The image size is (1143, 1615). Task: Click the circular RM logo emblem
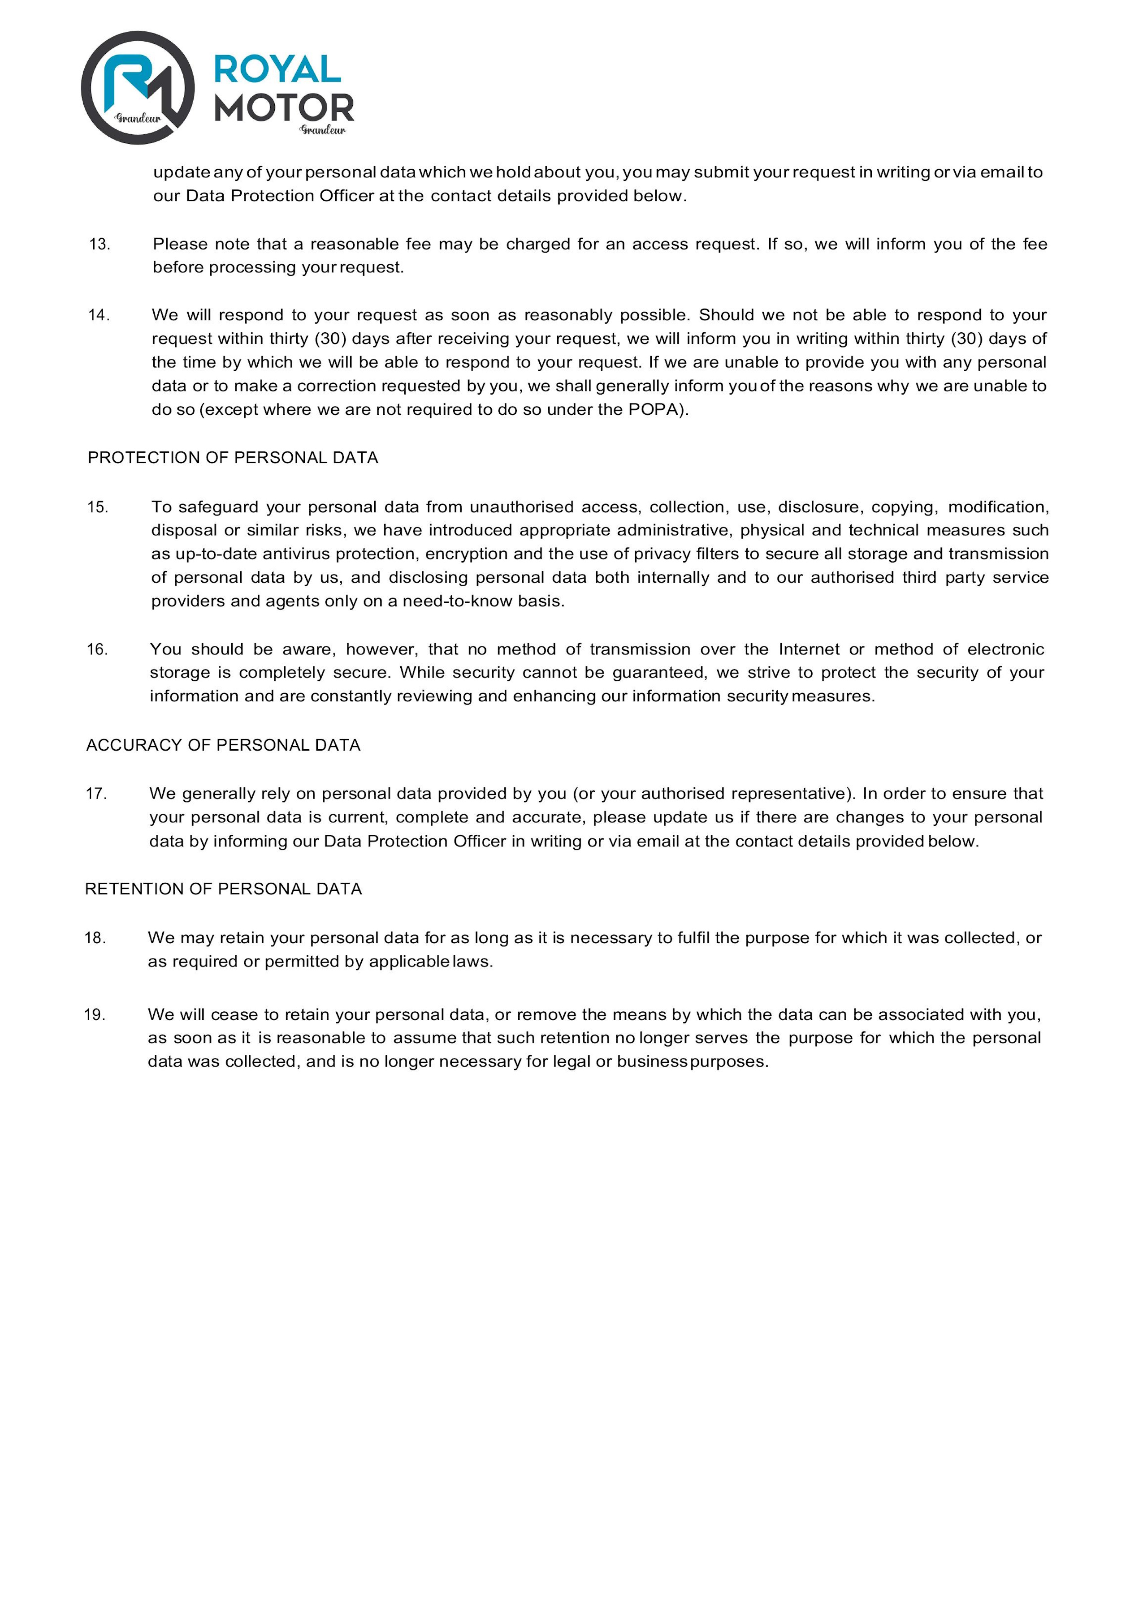138,88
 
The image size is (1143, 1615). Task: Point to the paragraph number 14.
99,315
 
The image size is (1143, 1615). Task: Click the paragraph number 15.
98,507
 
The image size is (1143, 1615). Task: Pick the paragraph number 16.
97,649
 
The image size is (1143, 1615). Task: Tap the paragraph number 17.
96,794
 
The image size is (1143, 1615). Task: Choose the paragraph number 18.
95,938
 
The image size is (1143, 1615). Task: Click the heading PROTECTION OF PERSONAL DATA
233,458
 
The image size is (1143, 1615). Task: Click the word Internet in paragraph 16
809,649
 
